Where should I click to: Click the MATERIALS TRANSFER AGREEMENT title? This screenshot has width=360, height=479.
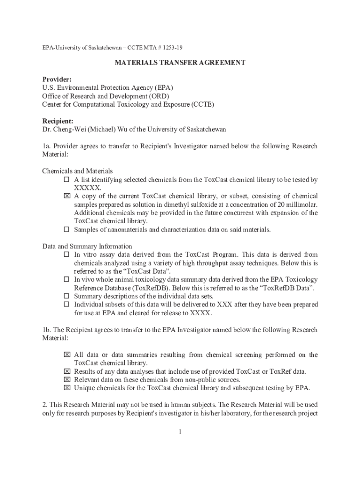(180, 62)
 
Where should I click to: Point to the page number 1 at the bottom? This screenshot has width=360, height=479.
(180, 432)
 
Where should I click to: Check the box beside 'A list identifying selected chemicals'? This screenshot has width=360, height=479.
(66, 180)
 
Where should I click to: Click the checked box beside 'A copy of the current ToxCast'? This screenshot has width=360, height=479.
(66, 196)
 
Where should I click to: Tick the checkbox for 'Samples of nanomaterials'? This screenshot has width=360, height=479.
(66, 229)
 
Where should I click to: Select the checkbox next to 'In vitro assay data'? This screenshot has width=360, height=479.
(66, 254)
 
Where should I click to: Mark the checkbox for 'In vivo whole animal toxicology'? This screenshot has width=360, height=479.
(66, 279)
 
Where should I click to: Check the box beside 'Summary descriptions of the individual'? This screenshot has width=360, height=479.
(66, 296)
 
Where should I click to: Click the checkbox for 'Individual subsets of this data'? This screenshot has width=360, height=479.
(66, 304)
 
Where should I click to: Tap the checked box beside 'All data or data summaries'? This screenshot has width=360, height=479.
(66, 355)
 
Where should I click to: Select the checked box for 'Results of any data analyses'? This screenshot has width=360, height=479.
(66, 371)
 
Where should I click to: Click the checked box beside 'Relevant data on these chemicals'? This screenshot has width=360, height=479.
(66, 379)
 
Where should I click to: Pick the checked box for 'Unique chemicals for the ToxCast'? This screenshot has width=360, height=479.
(66, 388)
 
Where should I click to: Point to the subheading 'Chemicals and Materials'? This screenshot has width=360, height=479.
(78, 171)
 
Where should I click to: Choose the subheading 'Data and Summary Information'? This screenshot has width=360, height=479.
(87, 246)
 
